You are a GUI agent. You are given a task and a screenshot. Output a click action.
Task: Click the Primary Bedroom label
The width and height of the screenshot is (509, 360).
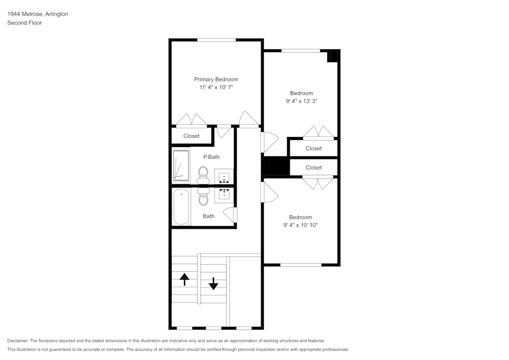point(216,79)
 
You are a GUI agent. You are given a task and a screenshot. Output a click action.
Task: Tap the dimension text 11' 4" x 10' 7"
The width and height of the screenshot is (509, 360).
point(216,88)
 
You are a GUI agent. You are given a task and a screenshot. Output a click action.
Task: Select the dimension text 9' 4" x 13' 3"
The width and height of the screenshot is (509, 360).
point(301,101)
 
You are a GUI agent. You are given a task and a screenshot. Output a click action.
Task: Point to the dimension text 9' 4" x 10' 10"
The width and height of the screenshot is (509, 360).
point(300,225)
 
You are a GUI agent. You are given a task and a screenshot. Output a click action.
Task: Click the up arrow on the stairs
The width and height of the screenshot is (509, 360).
point(185,279)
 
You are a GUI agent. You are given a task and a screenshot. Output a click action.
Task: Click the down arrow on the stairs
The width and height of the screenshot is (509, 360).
point(213,284)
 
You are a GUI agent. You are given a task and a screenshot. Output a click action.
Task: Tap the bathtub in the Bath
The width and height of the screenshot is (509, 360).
point(181,207)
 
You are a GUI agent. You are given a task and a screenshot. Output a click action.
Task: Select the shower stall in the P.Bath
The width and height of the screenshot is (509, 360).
point(181,165)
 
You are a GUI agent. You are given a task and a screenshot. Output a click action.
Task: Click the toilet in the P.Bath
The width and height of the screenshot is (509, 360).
point(203,175)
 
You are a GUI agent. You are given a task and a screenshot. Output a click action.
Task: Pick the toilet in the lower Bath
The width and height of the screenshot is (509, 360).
point(203,197)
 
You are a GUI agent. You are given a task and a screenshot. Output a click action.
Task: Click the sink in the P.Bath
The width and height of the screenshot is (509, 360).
point(224,178)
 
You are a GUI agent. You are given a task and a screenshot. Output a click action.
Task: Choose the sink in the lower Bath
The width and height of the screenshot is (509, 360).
point(224,193)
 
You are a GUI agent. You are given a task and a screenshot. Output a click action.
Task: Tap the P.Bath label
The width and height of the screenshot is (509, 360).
point(211,157)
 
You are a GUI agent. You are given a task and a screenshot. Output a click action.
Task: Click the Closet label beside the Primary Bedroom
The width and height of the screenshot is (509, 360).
point(191,136)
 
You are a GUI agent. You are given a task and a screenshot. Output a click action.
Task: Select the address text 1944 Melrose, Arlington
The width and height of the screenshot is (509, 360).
point(38,14)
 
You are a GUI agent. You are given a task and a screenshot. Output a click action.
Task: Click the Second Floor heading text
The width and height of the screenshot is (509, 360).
point(24,23)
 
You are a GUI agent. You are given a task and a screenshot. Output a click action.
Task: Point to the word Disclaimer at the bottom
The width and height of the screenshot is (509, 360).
point(18,341)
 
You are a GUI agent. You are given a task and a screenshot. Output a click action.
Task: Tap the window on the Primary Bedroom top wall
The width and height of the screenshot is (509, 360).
point(216,40)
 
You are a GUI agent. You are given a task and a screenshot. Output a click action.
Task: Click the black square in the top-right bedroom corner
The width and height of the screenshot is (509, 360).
point(333,56)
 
